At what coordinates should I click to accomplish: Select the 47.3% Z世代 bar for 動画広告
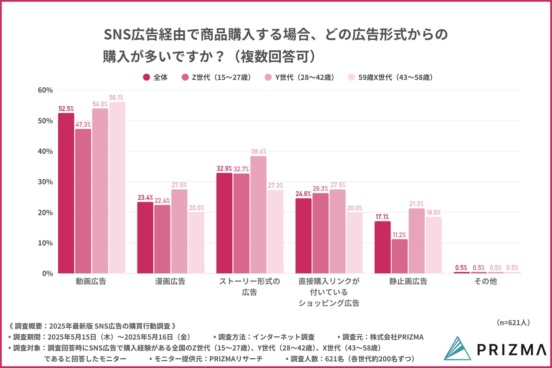tap(83, 201)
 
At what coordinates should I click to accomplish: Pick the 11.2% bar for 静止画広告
tap(399, 256)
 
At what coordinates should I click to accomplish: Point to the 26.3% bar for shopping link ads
tap(320, 233)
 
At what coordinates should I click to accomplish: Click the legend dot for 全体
tap(146, 77)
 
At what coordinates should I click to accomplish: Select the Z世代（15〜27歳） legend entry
tap(217, 77)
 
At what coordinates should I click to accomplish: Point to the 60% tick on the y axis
tap(45, 90)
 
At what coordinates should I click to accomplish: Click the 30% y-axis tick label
tap(45, 182)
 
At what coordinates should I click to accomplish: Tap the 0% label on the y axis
tap(47, 274)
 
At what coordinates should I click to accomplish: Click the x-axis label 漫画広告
tap(170, 281)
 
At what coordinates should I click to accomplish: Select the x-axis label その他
tap(486, 281)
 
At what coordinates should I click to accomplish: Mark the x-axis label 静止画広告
tap(408, 281)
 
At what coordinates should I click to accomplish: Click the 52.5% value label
tap(66, 109)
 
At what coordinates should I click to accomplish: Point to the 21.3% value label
tap(416, 204)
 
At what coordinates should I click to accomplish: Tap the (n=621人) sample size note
tap(513, 323)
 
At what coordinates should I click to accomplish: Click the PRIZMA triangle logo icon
tap(458, 349)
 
